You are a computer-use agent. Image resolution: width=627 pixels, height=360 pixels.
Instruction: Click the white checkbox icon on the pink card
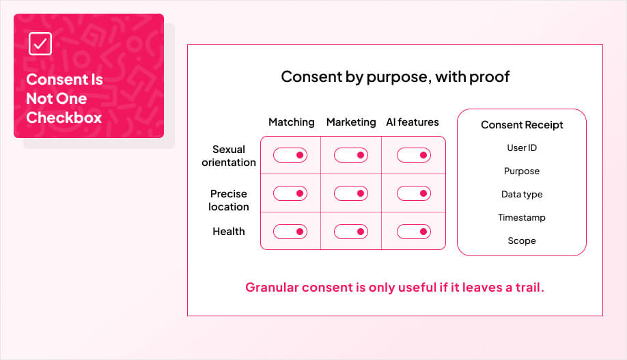40,44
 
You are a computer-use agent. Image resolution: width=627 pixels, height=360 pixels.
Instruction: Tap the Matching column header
292,122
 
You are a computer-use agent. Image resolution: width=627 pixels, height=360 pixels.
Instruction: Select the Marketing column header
351,122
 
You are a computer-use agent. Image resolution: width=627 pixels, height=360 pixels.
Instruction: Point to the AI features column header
413,122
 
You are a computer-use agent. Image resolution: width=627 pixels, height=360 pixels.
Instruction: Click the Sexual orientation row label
229,156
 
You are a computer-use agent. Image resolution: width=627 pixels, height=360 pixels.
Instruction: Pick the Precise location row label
229,200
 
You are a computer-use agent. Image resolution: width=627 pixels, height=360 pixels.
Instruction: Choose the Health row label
229,231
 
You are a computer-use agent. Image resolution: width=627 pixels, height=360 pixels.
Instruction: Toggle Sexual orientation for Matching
290,155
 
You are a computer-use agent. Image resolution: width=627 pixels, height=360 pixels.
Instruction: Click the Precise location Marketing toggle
351,193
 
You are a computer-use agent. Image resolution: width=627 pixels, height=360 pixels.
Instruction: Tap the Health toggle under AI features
414,232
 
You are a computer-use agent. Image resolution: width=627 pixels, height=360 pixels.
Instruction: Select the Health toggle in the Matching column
290,232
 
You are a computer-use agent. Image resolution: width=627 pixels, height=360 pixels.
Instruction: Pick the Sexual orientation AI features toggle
414,155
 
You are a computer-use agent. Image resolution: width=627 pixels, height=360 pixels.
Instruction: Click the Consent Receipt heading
522,125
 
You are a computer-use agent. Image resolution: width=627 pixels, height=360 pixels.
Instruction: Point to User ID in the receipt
522,148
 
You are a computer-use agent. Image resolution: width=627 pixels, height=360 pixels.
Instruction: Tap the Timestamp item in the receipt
522,218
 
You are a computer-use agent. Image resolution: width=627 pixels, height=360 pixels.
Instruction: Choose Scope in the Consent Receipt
522,241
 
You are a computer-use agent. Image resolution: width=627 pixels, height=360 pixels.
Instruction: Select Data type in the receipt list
522,195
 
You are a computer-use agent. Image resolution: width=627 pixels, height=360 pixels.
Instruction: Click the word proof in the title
492,77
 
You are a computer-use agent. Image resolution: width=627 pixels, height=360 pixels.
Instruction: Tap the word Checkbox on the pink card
64,117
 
